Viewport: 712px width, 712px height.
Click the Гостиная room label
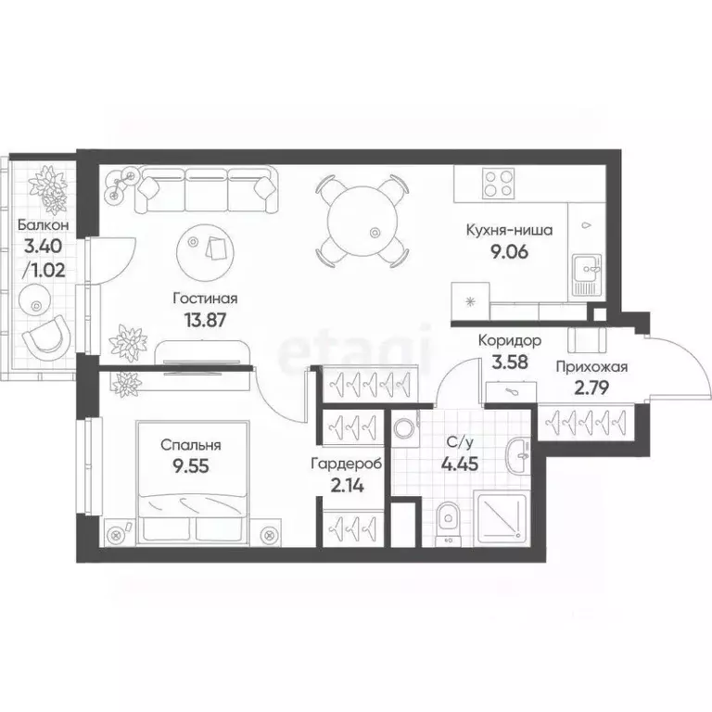click(206, 299)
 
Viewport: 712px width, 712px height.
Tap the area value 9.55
click(183, 465)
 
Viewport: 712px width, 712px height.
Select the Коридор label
click(510, 340)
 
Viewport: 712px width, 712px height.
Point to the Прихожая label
click(591, 367)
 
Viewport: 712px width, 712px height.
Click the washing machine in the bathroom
click(404, 428)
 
